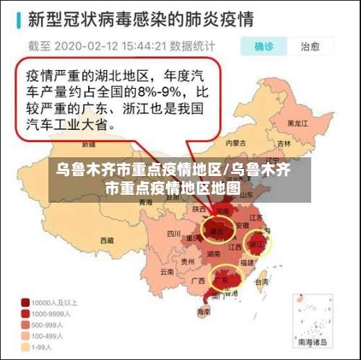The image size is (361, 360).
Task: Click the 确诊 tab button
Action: point(264,47)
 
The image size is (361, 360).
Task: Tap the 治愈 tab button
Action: point(310,47)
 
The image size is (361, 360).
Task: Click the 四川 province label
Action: point(173,234)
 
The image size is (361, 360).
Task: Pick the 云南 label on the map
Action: point(168,272)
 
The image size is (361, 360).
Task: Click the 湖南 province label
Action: point(214,254)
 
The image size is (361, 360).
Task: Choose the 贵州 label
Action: point(188,261)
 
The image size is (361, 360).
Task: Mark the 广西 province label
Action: point(196,280)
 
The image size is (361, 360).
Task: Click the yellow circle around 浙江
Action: point(257,244)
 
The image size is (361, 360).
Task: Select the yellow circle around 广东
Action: point(224,278)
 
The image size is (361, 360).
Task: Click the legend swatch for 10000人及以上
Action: point(25,302)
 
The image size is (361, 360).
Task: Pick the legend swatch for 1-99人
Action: point(25,346)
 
